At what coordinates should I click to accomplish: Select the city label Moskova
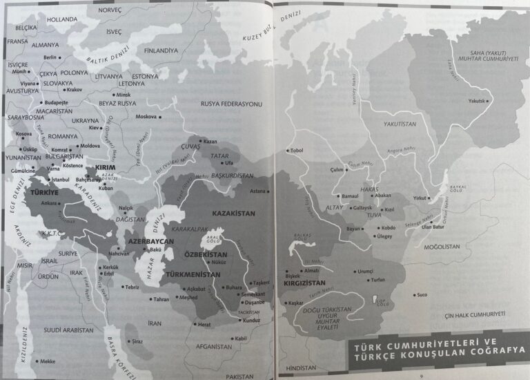click(x=146, y=117)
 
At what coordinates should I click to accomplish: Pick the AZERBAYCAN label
click(x=149, y=242)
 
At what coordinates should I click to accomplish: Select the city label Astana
click(x=257, y=190)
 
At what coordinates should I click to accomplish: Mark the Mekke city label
click(x=47, y=361)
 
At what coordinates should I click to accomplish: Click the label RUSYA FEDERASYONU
click(x=232, y=104)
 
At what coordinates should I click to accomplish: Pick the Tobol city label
click(x=297, y=150)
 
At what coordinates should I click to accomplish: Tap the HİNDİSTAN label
click(x=301, y=369)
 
